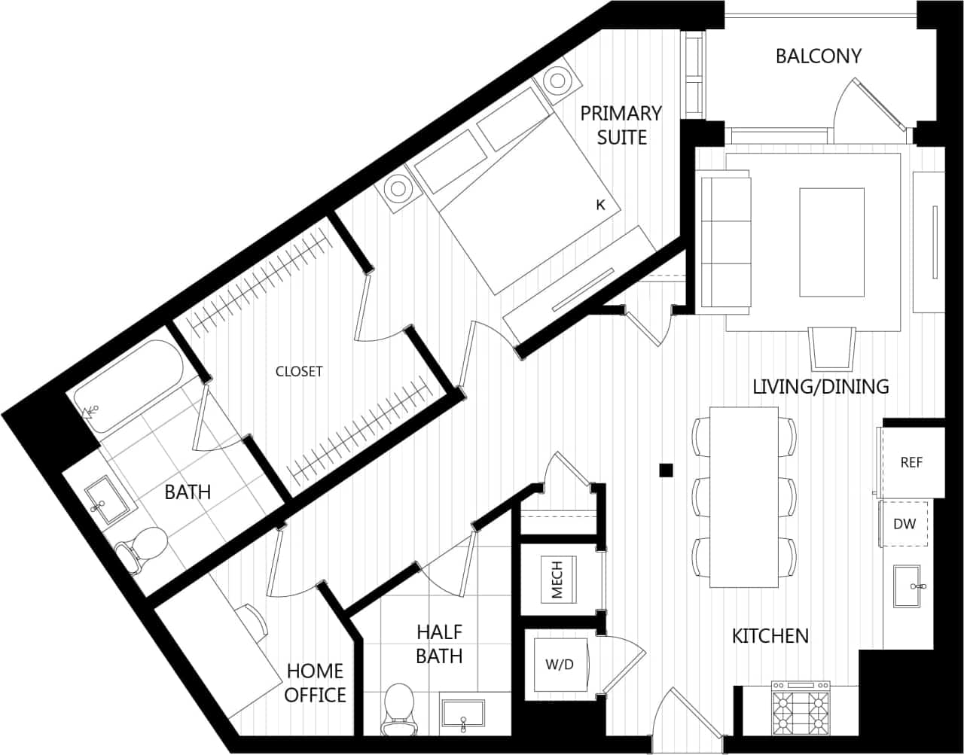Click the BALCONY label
click(x=818, y=56)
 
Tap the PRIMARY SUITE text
click(x=621, y=125)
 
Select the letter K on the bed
click(x=600, y=205)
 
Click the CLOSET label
click(x=299, y=371)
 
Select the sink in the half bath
click(x=463, y=715)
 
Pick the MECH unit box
click(x=558, y=578)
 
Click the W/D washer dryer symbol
click(x=560, y=665)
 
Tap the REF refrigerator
click(x=912, y=462)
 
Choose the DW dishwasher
click(x=905, y=523)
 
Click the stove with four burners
click(x=801, y=708)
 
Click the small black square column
click(x=665, y=470)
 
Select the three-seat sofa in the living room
click(x=726, y=239)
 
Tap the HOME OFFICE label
click(x=315, y=682)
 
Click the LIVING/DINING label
click(x=821, y=386)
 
